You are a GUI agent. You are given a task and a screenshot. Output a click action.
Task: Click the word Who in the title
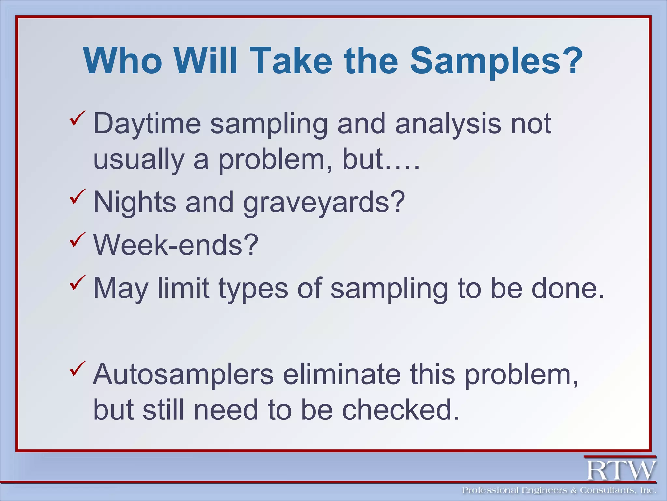tap(123, 61)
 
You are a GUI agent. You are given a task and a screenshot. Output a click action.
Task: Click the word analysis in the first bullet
tap(448, 124)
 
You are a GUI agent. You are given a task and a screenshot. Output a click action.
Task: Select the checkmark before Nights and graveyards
tap(77, 197)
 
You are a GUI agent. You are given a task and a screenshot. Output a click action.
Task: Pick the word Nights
tap(135, 202)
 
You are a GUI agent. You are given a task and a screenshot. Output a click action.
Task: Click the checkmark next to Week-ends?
tap(77, 240)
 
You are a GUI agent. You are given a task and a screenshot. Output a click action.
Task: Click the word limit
tap(183, 288)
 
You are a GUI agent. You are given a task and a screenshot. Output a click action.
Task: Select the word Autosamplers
tap(183, 374)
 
